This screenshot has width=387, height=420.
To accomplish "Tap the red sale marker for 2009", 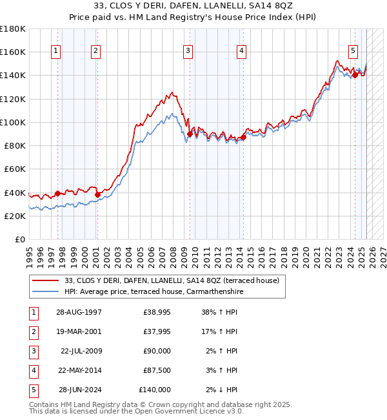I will coord(190,134).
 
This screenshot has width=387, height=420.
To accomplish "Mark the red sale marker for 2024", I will coord(355,76).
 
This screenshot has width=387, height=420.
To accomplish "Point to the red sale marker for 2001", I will coord(97,194).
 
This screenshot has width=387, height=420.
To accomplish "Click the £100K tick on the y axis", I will coord(13,122).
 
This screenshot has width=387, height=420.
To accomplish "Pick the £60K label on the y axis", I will coord(15,169).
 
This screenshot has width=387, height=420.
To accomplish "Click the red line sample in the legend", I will coord(45,281).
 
